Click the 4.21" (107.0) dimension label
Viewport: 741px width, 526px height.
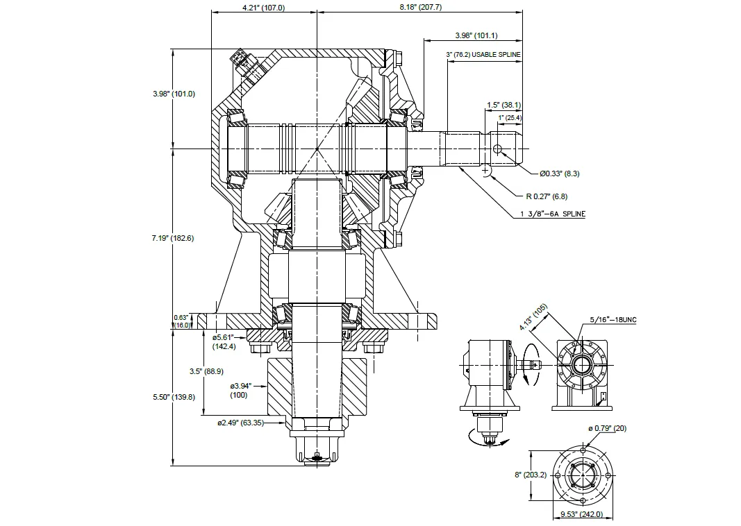[263, 8]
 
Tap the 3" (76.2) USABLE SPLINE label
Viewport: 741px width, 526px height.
[483, 54]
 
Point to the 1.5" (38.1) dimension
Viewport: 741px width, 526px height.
[503, 105]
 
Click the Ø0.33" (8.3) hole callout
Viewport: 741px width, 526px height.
[559, 173]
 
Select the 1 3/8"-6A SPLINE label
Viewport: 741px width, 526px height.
[553, 214]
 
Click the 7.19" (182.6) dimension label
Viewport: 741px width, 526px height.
[173, 238]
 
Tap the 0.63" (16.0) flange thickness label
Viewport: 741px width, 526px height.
[181, 321]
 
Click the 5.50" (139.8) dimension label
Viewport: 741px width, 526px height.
[174, 397]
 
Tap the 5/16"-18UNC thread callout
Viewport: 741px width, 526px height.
[613, 319]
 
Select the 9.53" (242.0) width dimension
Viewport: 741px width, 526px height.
[581, 515]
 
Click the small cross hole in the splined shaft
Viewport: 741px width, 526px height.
[497, 149]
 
